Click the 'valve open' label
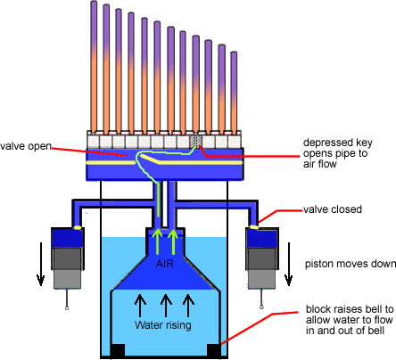tap(26, 146)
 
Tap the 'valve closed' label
tap(333, 209)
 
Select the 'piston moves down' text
tap(351, 264)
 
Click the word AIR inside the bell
tap(164, 263)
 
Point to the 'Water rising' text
tap(163, 324)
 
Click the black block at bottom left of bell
tap(118, 350)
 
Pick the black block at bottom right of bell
tap(213, 350)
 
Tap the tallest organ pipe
tap(94, 67)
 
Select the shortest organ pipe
tap(234, 93)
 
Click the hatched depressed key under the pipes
tap(196, 142)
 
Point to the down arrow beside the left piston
tap(41, 264)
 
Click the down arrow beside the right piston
tap(288, 264)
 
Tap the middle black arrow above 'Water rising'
tap(166, 306)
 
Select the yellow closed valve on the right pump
tap(253, 227)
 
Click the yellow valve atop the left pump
tap(78, 227)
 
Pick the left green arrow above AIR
tap(157, 241)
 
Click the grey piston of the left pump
tap(67, 268)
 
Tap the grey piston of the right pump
tap(262, 268)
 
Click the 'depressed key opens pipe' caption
tap(337, 153)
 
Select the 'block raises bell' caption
tap(350, 320)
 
